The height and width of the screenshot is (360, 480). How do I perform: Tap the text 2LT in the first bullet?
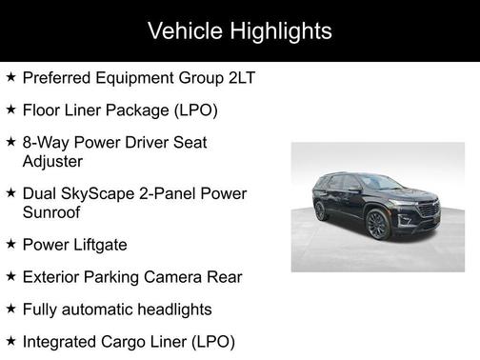click(x=240, y=76)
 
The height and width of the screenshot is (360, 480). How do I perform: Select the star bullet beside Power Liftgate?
click(x=10, y=244)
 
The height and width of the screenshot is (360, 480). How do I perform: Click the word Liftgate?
click(x=98, y=245)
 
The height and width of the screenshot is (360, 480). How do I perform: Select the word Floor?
click(x=43, y=110)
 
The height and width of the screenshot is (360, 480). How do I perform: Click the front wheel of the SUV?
click(x=375, y=227)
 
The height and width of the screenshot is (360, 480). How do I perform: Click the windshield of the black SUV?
click(x=380, y=181)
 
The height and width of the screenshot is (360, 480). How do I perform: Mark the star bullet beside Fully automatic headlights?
click(x=10, y=309)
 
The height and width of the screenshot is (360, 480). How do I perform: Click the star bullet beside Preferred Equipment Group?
click(x=10, y=75)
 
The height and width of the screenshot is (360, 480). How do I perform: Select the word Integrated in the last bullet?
click(x=62, y=342)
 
